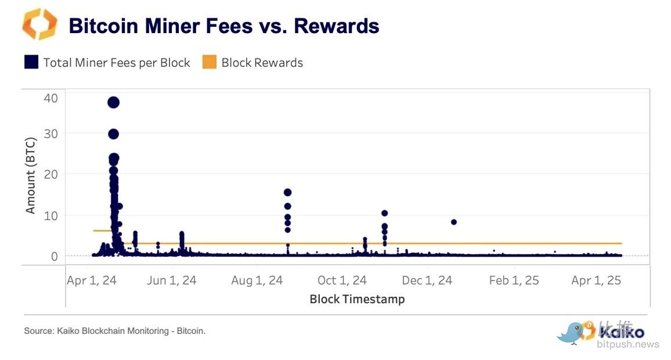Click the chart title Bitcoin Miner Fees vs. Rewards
tap(223, 26)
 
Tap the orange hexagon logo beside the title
tap(39, 24)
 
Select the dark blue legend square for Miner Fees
tap(31, 62)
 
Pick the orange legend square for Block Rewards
tap(209, 62)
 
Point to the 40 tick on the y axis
tap(50, 98)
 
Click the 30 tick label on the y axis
tap(50, 134)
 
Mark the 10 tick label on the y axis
tap(50, 215)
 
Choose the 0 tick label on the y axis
tap(54, 256)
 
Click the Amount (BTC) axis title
tap(31, 175)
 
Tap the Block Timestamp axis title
tap(357, 299)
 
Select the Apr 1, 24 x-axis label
tap(92, 280)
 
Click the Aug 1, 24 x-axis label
tap(257, 280)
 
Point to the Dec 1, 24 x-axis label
tap(427, 280)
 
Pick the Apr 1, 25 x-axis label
tap(596, 280)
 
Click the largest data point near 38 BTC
tap(113, 102)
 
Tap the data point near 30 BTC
tap(113, 134)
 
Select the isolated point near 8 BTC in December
tap(454, 222)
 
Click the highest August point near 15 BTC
tap(287, 192)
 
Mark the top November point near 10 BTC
tap(384, 213)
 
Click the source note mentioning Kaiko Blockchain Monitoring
tap(115, 331)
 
